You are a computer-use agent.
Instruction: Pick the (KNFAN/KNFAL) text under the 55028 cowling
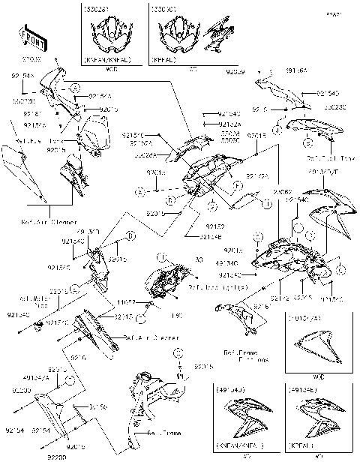(109, 58)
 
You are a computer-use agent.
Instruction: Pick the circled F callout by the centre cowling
(236, 184)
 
